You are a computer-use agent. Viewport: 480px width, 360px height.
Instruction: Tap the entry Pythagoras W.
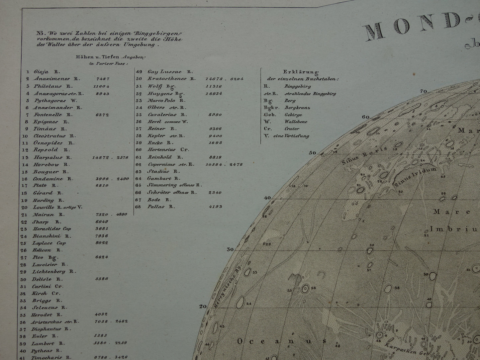coord(50,101)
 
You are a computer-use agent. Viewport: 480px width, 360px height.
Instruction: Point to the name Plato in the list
coord(41,186)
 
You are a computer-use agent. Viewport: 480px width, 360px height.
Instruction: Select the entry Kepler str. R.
coord(166,136)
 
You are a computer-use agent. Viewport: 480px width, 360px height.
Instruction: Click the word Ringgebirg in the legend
coord(297,86)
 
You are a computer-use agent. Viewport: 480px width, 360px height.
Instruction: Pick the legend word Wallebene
coord(296,122)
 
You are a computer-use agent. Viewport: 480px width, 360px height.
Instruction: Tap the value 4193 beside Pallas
coord(216,207)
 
